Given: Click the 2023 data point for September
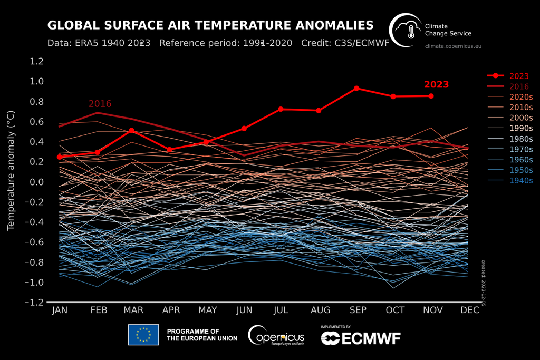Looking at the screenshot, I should tap(356, 88).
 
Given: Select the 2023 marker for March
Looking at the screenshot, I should tap(131, 130).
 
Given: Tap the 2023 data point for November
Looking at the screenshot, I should tap(431, 96).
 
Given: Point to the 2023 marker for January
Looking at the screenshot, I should tap(60, 157).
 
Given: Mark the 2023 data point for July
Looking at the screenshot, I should tap(281, 109).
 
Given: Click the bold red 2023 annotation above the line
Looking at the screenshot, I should tap(436, 84).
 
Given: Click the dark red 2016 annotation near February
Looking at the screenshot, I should tap(100, 104).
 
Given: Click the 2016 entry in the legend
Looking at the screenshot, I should tap(519, 86).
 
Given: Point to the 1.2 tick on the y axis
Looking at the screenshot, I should tap(36, 61).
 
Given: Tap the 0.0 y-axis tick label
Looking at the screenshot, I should tap(36, 182).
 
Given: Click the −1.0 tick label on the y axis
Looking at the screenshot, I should tap(34, 283).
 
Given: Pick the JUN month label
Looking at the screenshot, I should tap(245, 310).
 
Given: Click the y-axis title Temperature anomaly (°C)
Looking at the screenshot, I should tap(10, 170).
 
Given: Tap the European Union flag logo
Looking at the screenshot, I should tap(143, 335).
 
